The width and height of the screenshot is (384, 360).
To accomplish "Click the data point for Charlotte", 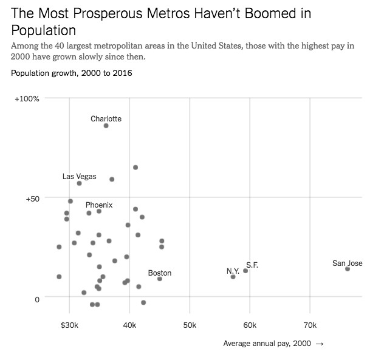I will tap(106, 126).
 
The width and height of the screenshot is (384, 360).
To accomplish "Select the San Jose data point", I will tap(348, 269).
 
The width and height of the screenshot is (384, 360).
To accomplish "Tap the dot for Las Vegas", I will tap(80, 183).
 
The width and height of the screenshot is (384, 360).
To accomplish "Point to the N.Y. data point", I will tap(233, 277).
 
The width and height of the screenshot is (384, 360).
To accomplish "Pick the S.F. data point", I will tap(245, 271).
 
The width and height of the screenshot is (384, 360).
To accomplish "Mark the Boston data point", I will tap(160, 279).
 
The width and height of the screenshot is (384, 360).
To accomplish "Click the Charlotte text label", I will tap(106, 119).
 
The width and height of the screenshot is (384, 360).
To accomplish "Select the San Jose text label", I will tap(348, 263).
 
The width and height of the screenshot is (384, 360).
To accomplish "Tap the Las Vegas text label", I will tap(80, 177).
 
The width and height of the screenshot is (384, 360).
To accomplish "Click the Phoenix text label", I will tap(99, 205).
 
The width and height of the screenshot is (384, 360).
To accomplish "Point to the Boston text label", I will tap(160, 273).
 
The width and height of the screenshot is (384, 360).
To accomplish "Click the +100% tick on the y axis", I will tap(27, 98).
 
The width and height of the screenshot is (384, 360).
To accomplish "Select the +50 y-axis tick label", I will tap(31, 199).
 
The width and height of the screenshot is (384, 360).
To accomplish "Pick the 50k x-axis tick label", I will tap(190, 325).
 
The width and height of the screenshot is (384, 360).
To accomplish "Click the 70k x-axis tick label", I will tap(310, 325).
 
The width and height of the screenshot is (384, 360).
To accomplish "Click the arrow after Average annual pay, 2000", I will tap(320, 344).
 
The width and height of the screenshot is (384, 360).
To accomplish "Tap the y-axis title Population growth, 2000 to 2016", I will tap(72, 73).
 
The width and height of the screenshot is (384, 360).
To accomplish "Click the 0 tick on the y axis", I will tap(36, 299).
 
